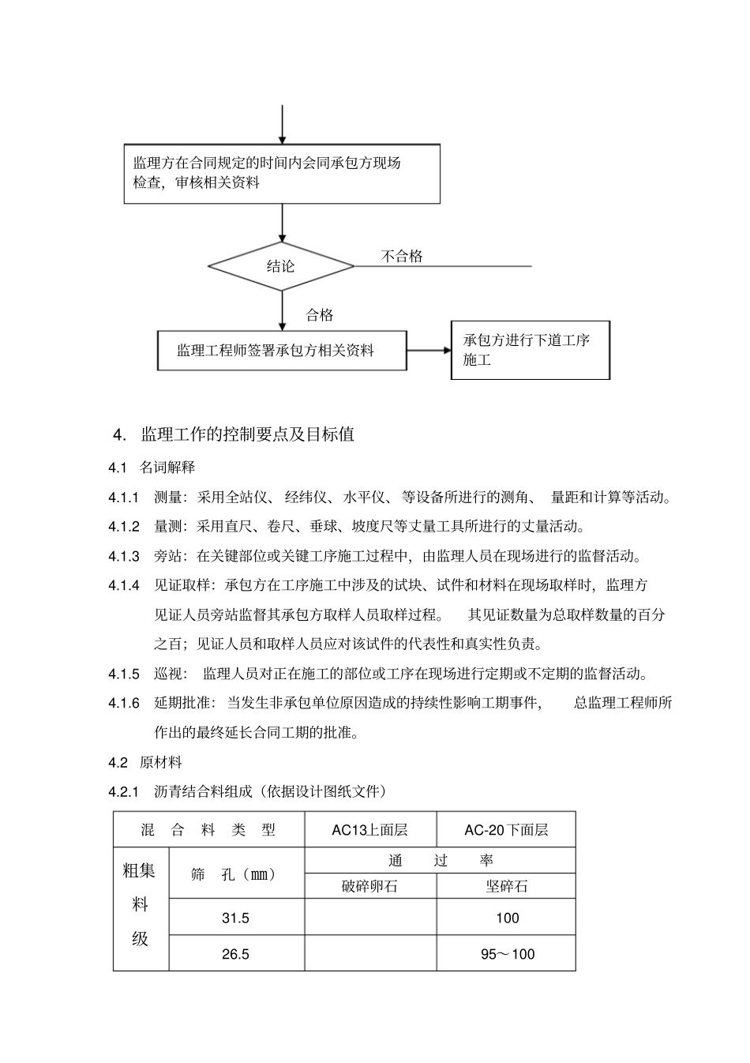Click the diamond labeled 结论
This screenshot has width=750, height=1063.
point(280,266)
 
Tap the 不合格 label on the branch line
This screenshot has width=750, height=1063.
point(402,256)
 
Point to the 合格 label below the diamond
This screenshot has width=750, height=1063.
point(320,315)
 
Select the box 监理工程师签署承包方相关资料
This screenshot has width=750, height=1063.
point(282,350)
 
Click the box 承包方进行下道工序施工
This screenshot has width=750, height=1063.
point(530,350)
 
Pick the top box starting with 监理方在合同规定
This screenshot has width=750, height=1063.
point(282,174)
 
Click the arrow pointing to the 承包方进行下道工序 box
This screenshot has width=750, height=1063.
point(429,350)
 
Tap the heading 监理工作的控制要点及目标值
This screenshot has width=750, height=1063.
point(247,434)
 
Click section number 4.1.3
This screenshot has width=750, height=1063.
point(124,556)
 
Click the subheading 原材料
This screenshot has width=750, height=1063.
point(161,762)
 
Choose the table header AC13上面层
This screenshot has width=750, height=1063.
point(369,829)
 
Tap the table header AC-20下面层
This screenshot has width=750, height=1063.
point(506,829)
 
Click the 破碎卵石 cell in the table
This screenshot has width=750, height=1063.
point(369,886)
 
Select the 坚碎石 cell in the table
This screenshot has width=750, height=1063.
point(506,886)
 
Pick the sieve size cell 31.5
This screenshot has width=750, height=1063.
point(235,918)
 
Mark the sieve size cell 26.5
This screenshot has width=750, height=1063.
point(235,954)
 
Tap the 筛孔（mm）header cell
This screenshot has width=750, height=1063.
point(235,874)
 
